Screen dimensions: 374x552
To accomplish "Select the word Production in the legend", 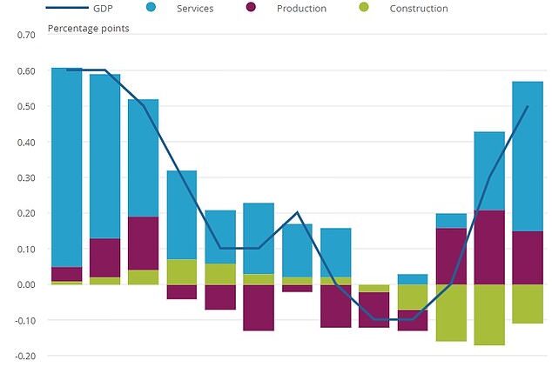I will (302, 9).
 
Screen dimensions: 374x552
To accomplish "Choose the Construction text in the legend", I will (419, 9).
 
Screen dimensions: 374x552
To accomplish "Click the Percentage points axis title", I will (88, 29).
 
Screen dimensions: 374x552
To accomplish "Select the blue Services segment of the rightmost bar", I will (528, 157).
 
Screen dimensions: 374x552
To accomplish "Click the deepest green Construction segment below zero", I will (489, 315).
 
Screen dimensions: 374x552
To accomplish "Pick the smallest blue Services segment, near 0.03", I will (412, 279).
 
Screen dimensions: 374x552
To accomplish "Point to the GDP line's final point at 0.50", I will (528, 107).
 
